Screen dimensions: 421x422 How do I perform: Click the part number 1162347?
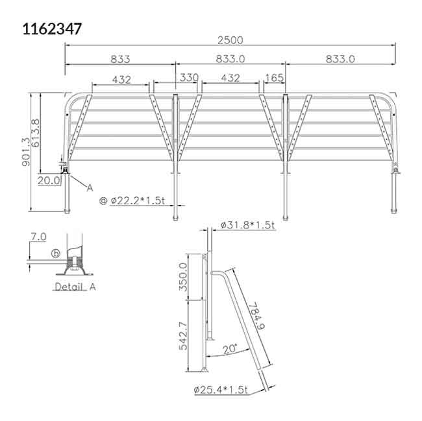pos(52,29)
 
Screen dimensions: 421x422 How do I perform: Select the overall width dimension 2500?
pos(230,40)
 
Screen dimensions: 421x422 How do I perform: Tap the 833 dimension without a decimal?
pos(120,59)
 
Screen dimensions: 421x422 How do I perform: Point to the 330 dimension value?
pos(188,78)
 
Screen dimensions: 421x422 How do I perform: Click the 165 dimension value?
pos(275,78)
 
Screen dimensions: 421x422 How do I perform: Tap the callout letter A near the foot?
pos(90,187)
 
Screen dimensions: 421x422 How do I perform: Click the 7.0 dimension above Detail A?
pos(38,237)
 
